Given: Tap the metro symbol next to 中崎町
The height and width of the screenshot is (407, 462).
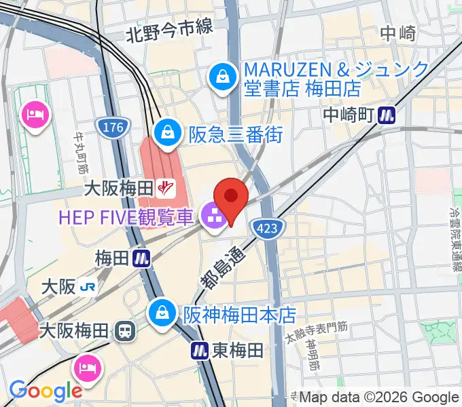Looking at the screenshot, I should [387, 115].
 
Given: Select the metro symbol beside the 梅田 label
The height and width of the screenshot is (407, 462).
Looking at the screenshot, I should [142, 258].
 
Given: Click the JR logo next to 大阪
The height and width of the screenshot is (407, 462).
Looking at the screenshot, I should [87, 287].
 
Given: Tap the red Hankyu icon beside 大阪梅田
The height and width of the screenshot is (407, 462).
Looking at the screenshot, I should [164, 186].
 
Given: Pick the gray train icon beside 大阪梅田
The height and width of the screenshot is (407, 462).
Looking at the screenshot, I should [124, 332].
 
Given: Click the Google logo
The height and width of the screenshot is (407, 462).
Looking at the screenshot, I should [46, 390].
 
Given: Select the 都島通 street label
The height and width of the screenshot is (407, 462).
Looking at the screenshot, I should [219, 265].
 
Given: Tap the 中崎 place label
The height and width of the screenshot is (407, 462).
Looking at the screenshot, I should [398, 32].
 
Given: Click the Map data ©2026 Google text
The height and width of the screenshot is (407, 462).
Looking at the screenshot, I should [379, 398].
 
